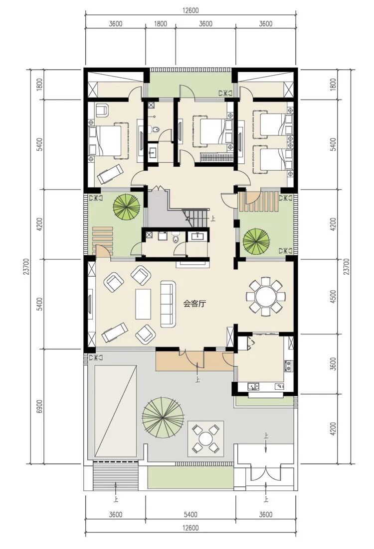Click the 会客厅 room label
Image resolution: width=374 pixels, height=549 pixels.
[194, 304]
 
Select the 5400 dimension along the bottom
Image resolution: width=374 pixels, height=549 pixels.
[190, 514]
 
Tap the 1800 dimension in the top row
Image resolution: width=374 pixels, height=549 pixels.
[161, 24]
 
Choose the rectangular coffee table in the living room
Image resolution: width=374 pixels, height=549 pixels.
[143, 304]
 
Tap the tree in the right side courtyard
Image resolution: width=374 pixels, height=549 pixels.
[256, 242]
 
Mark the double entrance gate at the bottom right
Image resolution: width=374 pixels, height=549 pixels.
[266, 473]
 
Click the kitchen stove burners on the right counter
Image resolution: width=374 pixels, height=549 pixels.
[289, 366]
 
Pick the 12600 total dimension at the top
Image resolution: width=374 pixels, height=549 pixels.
[190, 10]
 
